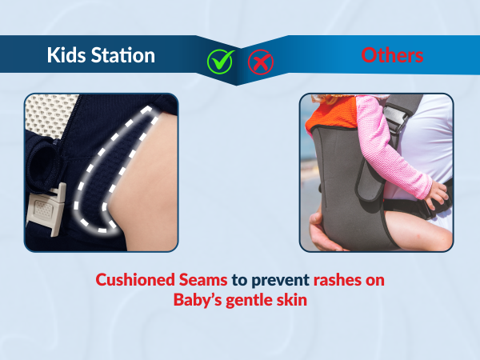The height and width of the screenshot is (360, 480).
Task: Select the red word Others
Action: (x=392, y=55)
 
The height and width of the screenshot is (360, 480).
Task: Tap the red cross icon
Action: (x=258, y=61)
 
